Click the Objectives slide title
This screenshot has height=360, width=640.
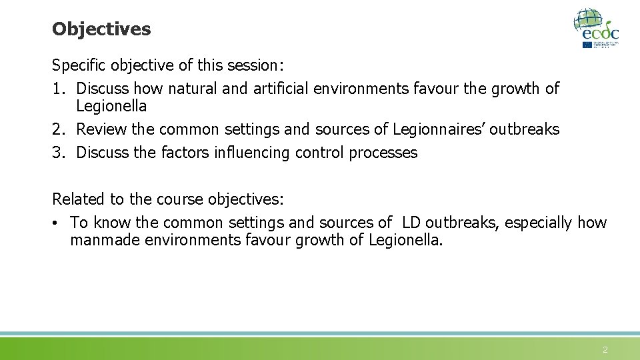[x=101, y=29]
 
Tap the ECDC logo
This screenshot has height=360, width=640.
[x=597, y=28]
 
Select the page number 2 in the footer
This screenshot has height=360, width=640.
[x=605, y=350]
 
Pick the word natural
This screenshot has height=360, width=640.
[x=193, y=88]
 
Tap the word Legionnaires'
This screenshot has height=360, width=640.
[x=439, y=129]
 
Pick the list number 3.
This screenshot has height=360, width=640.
[x=57, y=153]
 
